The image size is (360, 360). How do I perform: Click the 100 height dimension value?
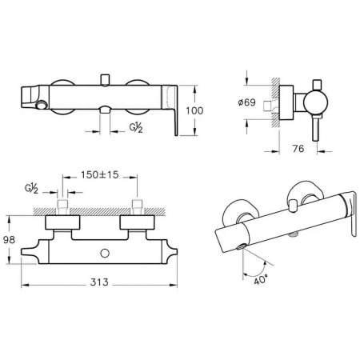coord(194,110)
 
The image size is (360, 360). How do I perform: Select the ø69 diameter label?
coord(246,102)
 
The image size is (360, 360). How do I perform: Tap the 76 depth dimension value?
coord(298,149)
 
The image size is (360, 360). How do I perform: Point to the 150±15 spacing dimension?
coord(100,175)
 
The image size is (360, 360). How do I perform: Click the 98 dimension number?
coord(9,240)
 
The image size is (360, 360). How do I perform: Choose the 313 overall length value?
coord(99,282)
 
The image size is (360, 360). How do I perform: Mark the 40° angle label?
coord(261,280)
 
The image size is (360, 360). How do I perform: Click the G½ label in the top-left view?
coord(136,128)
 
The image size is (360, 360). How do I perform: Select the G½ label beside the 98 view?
coord(31,189)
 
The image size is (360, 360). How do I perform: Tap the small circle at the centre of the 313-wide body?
coord(105,253)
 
